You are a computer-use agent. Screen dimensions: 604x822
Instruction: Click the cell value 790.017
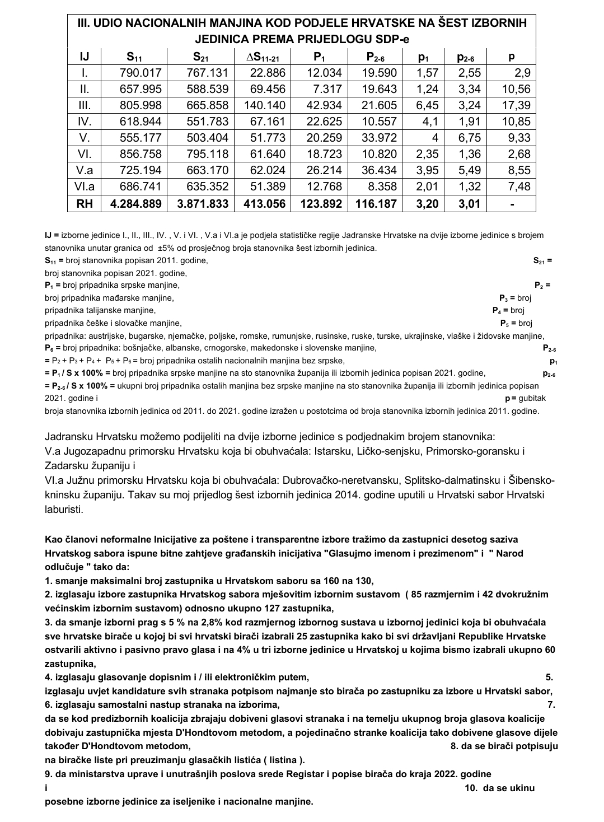pyautogui.click(x=140, y=73)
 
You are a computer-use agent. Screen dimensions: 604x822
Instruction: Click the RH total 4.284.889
pyautogui.click(x=136, y=204)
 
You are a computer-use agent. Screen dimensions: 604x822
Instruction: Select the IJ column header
pyautogui.click(x=85, y=57)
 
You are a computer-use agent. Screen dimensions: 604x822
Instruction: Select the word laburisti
pyautogui.click(x=64, y=509)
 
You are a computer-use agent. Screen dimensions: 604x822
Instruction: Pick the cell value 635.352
pyautogui.click(x=202, y=187)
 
